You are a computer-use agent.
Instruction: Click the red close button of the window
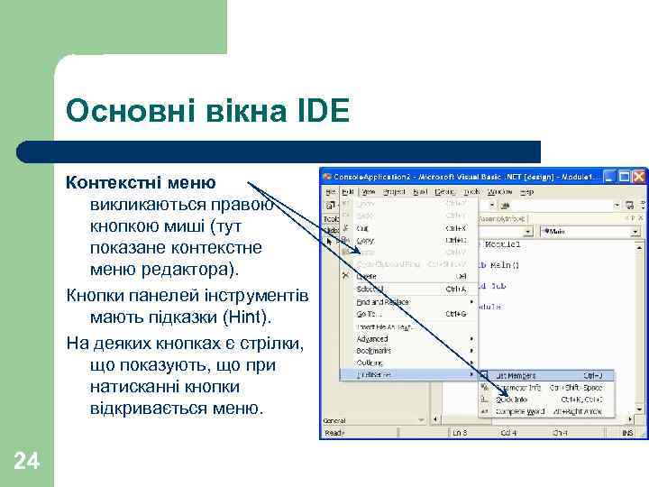coord(638,176)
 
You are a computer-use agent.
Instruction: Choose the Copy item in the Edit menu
coord(365,241)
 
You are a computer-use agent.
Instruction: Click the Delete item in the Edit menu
coord(367,276)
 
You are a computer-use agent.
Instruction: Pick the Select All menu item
coord(370,289)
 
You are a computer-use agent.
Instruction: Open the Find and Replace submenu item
coord(382,302)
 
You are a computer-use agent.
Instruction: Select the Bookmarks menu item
coord(373,350)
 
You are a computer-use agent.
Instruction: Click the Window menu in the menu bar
coord(499,191)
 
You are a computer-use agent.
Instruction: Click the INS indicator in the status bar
coord(627,433)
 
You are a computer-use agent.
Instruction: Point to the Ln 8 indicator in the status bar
coord(459,433)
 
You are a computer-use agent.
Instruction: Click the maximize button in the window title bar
coord(624,176)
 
